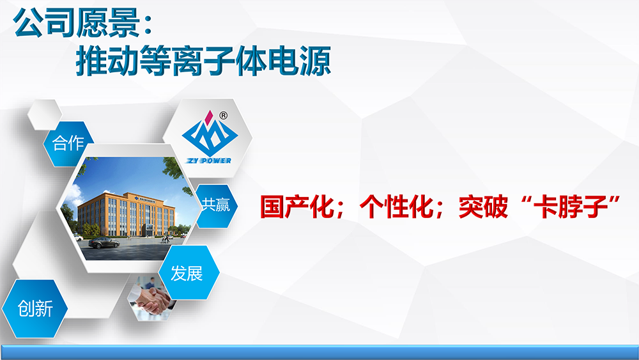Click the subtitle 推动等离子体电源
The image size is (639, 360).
click(203, 61)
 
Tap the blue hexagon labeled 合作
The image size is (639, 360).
click(68, 143)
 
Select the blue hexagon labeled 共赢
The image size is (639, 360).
click(217, 205)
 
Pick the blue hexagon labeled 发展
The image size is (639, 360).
click(189, 273)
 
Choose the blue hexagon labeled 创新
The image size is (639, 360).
click(35, 309)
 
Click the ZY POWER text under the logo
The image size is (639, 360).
click(209, 160)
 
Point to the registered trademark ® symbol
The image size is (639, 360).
click(223, 116)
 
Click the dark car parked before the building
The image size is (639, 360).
click(104, 243)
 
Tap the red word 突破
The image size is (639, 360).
click(484, 208)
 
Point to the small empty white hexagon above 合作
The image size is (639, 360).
click(45, 114)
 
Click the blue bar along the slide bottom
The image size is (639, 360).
click(319, 352)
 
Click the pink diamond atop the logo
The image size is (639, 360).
click(210, 118)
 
